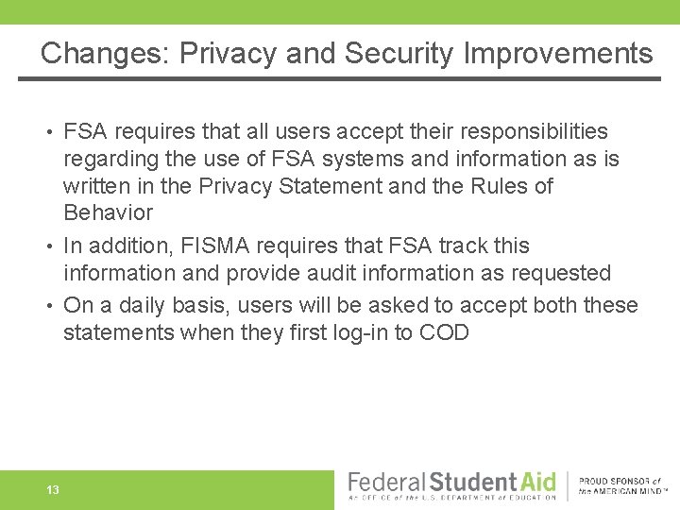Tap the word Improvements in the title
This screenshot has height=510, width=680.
coord(558,53)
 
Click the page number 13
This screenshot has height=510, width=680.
coord(53,490)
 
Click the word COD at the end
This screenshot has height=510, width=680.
coord(444,332)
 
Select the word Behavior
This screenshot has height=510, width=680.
coord(108,212)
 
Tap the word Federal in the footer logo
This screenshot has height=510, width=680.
coord(387,482)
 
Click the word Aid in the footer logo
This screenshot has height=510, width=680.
coord(534,482)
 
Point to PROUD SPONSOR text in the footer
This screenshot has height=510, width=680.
coord(619,482)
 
